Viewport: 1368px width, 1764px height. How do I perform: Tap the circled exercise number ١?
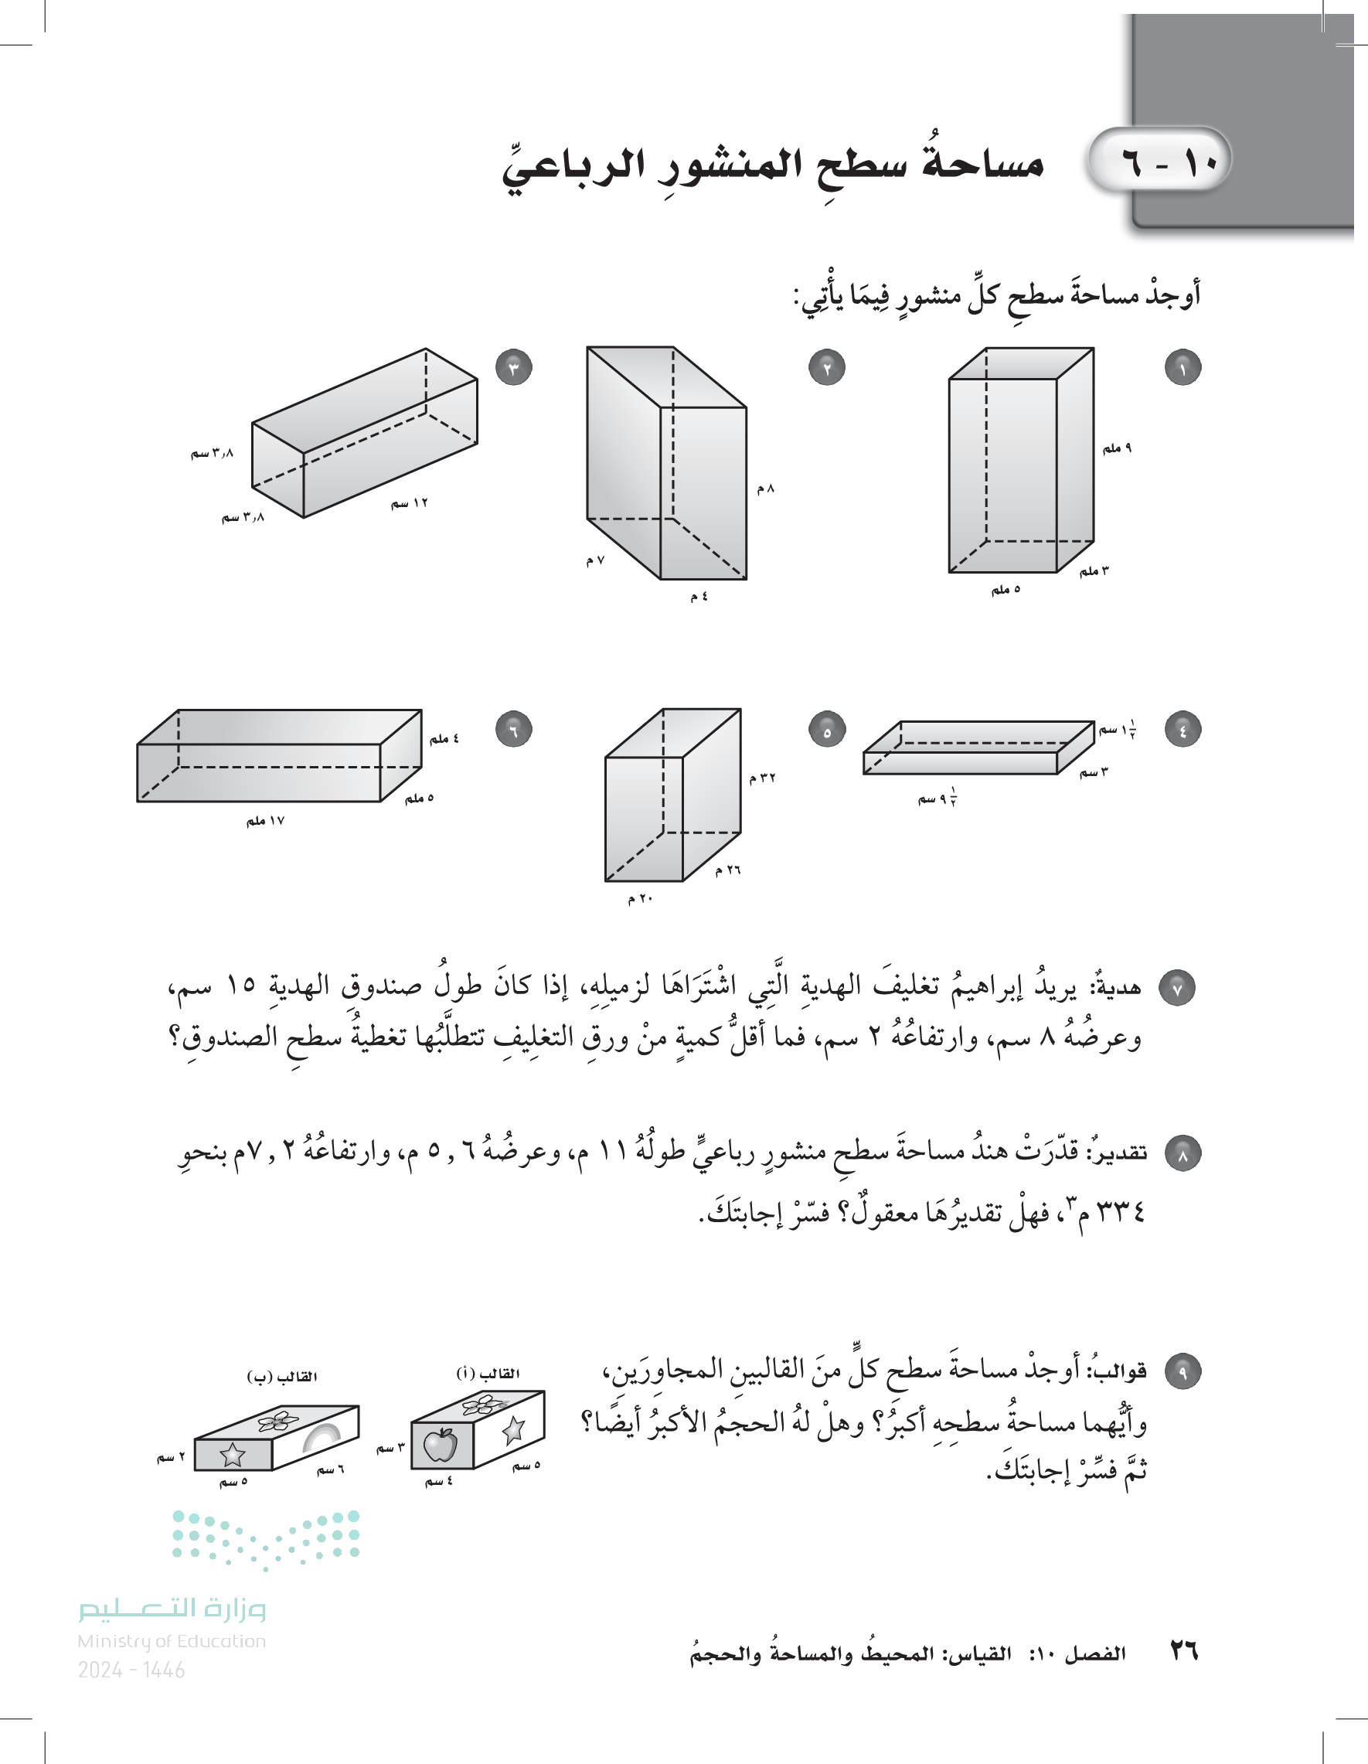[1183, 367]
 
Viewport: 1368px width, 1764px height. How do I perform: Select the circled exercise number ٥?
[826, 730]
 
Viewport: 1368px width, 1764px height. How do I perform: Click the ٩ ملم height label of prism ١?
[1117, 448]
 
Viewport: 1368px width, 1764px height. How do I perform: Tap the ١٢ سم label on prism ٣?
[410, 503]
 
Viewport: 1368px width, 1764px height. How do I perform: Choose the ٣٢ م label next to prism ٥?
[761, 778]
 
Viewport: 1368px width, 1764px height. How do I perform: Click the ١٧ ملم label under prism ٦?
[265, 821]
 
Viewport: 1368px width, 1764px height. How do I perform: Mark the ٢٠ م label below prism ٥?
[640, 898]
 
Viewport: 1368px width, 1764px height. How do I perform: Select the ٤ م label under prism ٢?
[699, 596]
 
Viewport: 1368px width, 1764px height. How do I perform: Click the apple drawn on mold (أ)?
[441, 1445]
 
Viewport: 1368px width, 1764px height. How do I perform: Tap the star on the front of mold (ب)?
[233, 1455]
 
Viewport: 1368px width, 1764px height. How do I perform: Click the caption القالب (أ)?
[488, 1374]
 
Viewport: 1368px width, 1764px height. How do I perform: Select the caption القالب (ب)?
[282, 1376]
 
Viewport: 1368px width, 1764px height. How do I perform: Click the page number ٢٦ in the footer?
[1183, 1651]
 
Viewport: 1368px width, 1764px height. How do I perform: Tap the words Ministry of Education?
[172, 1641]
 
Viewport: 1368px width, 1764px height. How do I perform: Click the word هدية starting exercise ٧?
[1115, 986]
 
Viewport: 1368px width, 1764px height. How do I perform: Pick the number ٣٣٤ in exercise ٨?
[1121, 1211]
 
